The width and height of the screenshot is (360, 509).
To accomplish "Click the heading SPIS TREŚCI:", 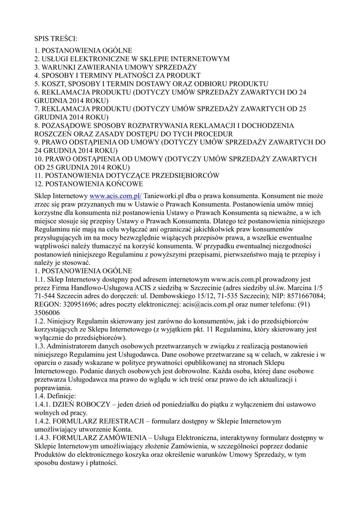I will point(56,38).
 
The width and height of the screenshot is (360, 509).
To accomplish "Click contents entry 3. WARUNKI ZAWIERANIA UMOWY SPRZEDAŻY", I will point(116,67).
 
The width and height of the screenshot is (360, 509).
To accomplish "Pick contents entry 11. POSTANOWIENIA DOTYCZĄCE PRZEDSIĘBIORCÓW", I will point(127,175).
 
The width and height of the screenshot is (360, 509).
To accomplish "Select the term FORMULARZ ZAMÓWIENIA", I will point(99,438).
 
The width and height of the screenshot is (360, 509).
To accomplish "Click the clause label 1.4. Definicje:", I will point(55,396).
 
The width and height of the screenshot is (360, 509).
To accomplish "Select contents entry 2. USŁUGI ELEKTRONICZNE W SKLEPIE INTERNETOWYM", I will point(132,59).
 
